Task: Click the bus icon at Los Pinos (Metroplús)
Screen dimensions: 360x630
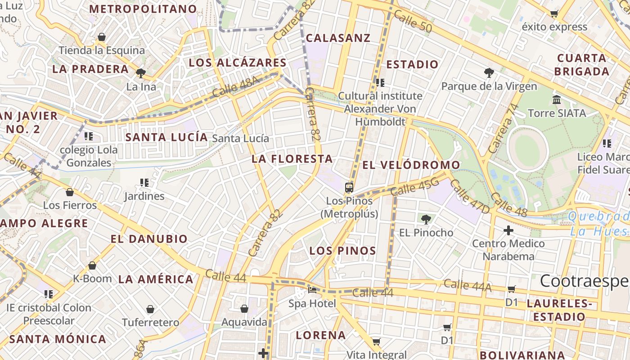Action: [349, 187]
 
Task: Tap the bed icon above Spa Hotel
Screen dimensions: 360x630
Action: [312, 289]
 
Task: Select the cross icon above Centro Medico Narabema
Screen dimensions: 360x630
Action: [508, 230]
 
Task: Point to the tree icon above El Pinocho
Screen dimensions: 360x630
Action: [426, 219]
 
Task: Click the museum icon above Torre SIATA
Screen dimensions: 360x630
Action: [557, 99]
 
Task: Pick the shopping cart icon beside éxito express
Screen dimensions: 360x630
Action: [554, 13]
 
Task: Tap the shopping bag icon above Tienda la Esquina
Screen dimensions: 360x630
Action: [102, 37]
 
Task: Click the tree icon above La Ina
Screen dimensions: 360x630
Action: [140, 73]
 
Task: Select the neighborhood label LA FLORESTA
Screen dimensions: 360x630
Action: [292, 159]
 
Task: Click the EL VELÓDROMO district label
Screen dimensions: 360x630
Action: [411, 165]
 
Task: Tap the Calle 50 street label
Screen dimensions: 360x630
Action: [412, 22]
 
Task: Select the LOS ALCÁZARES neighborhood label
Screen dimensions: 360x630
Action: [237, 63]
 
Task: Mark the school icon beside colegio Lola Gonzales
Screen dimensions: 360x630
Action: [88, 136]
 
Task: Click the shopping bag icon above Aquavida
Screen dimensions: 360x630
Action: [244, 309]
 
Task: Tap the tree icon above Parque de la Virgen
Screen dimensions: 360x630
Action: [489, 72]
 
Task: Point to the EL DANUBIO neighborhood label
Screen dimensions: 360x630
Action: [149, 239]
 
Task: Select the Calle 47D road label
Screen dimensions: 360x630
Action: [469, 196]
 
